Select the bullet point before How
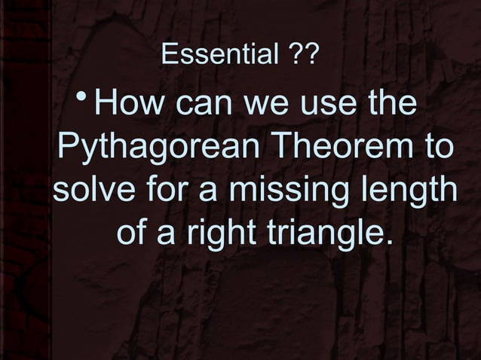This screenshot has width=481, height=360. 85,99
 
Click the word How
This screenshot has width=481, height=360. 130,105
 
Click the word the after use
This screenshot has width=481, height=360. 389,105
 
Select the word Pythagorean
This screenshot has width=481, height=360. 160,148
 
